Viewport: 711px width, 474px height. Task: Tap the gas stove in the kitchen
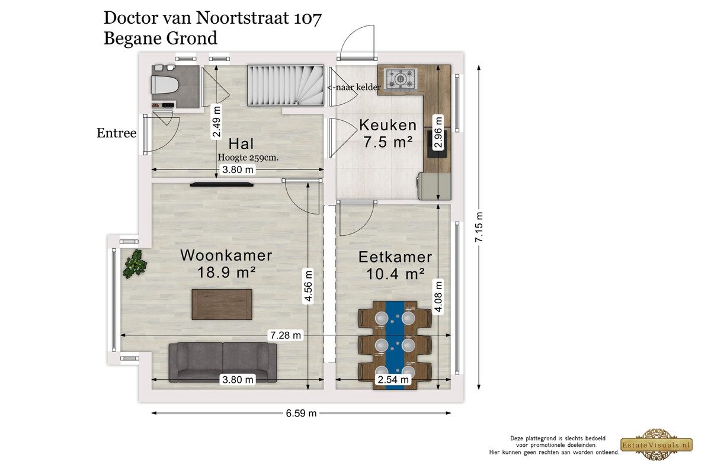point(401,78)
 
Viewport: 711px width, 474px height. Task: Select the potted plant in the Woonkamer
point(135,264)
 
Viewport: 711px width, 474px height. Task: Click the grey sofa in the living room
point(223,362)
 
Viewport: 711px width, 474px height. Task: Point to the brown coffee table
point(222,304)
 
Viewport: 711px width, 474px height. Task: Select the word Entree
point(117,133)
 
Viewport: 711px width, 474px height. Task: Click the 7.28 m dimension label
point(286,335)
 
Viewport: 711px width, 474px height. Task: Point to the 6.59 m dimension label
point(301,413)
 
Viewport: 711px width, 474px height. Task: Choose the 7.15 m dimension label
point(479,227)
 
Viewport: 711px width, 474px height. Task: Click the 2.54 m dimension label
point(393,379)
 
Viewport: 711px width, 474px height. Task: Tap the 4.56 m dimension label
point(308,286)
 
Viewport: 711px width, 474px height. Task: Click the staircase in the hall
point(286,85)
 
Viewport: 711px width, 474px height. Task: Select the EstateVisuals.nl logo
point(656,444)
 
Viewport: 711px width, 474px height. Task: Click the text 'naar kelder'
point(358,87)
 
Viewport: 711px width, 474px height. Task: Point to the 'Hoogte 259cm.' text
point(248,157)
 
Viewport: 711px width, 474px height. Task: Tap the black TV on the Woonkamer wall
point(222,184)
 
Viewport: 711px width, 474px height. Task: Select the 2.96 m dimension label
point(438,132)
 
